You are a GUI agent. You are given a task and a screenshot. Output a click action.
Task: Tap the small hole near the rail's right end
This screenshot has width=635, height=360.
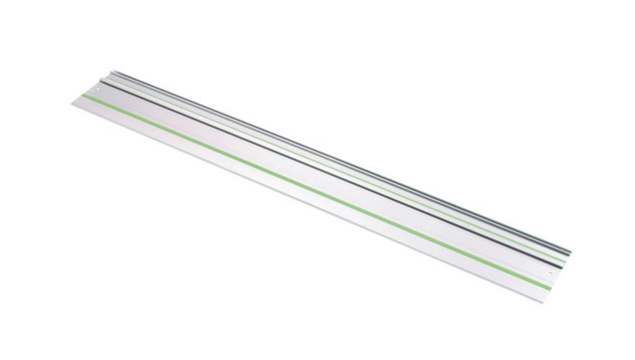coord(550,273)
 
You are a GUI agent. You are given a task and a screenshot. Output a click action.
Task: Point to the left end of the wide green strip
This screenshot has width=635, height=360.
coord(83,95)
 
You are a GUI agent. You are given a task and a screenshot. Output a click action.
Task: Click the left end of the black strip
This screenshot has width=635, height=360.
coord(101,81)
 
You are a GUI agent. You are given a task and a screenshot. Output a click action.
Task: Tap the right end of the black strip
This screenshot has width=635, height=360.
coord(561,267)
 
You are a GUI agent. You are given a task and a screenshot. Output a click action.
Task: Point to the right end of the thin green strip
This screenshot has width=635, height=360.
coord(565,262)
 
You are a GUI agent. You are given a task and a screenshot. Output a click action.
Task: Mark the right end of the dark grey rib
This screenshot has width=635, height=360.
coord(570,252)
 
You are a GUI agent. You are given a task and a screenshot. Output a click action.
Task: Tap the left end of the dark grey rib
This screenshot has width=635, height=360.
coord(113,71)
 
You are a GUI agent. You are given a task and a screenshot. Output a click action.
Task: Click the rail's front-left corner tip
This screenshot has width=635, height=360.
coord(72,104)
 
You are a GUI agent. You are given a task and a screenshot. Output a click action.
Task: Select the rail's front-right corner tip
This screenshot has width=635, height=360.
coord(543,303)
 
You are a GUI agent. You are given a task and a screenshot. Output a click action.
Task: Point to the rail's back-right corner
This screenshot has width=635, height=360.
coord(571,251)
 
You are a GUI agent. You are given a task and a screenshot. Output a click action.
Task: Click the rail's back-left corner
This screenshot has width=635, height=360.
coord(112,70)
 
